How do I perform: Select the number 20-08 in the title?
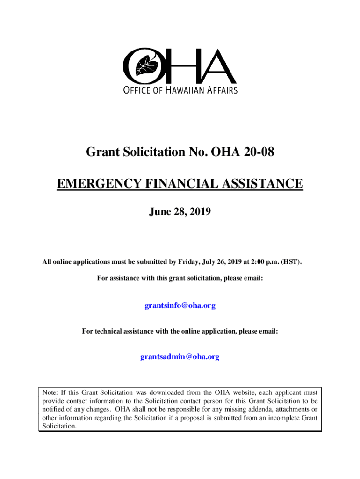click(256, 152)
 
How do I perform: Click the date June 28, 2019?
click(180, 212)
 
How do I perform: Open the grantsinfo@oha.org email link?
click(180, 305)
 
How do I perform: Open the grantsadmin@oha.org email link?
click(180, 356)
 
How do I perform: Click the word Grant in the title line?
click(101, 152)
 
